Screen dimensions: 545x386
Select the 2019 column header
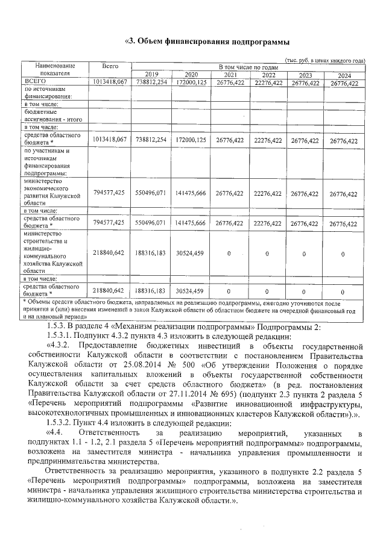tap(151, 75)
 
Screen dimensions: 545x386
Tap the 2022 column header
tap(268, 75)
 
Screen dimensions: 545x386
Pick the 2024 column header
tap(344, 75)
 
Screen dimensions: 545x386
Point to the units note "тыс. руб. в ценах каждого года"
tap(325, 61)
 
